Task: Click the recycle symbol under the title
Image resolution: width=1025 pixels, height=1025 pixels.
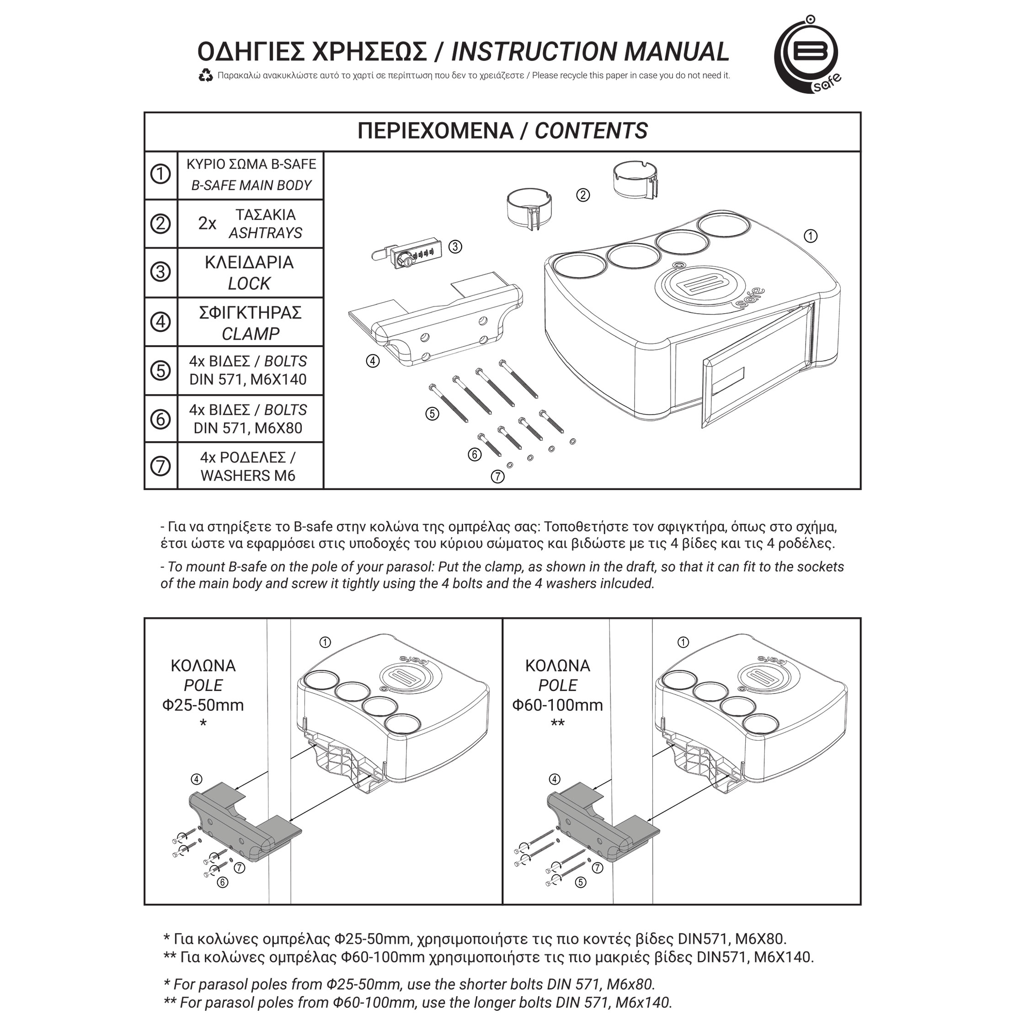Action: point(206,76)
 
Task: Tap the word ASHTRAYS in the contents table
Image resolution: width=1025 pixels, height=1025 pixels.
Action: point(265,233)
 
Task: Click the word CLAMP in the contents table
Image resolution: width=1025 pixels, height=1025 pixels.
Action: point(251,334)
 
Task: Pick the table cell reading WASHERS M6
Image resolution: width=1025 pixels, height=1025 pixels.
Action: point(248,475)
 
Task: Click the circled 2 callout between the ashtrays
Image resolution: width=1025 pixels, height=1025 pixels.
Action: point(583,195)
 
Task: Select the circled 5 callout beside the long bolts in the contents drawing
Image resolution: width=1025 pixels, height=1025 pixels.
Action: point(432,413)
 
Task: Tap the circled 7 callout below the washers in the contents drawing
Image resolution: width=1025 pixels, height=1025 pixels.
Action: point(497,477)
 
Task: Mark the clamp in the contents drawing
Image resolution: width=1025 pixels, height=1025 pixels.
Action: point(435,324)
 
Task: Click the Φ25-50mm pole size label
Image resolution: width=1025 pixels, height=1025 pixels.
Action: point(203,705)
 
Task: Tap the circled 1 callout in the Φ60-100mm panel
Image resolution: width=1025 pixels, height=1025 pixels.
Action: point(683,642)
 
